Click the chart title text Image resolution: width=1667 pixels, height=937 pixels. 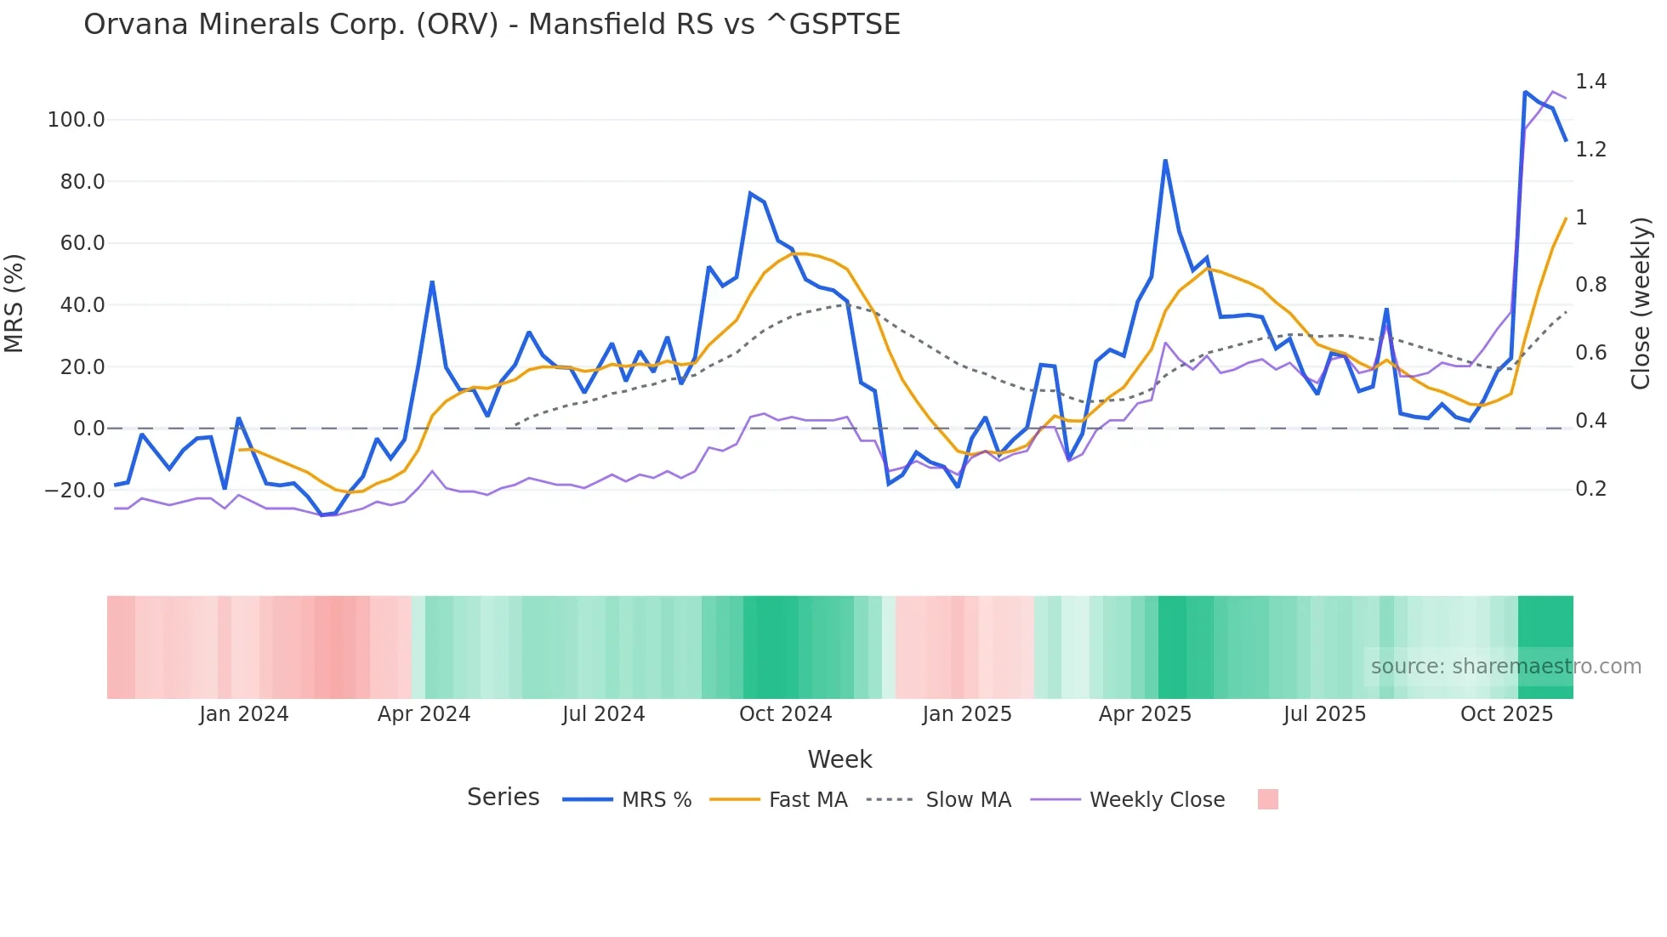pos(492,25)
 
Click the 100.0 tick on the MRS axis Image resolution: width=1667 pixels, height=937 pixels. pos(77,120)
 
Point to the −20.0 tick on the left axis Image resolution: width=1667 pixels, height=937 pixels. pos(75,491)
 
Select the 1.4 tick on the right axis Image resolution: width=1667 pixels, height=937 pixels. pos(1590,82)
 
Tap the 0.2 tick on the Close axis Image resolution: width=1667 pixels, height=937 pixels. pos(1590,489)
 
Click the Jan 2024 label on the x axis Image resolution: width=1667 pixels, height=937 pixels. pos(244,714)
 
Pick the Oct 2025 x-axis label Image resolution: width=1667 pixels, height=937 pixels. pos(1506,714)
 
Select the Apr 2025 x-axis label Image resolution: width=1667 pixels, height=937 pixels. pos(1145,714)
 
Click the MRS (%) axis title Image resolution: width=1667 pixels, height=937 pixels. pos(14,303)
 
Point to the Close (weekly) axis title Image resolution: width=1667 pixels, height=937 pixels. pos(1641,304)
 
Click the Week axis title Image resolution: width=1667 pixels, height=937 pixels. pos(839,759)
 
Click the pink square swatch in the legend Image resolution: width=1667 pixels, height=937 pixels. pos(1267,799)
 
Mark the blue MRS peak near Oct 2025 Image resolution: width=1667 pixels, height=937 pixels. pos(1525,92)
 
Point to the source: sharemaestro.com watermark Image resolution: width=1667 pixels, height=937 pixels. pos(1505,667)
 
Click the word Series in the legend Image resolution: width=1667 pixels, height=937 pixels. pos(503,798)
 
